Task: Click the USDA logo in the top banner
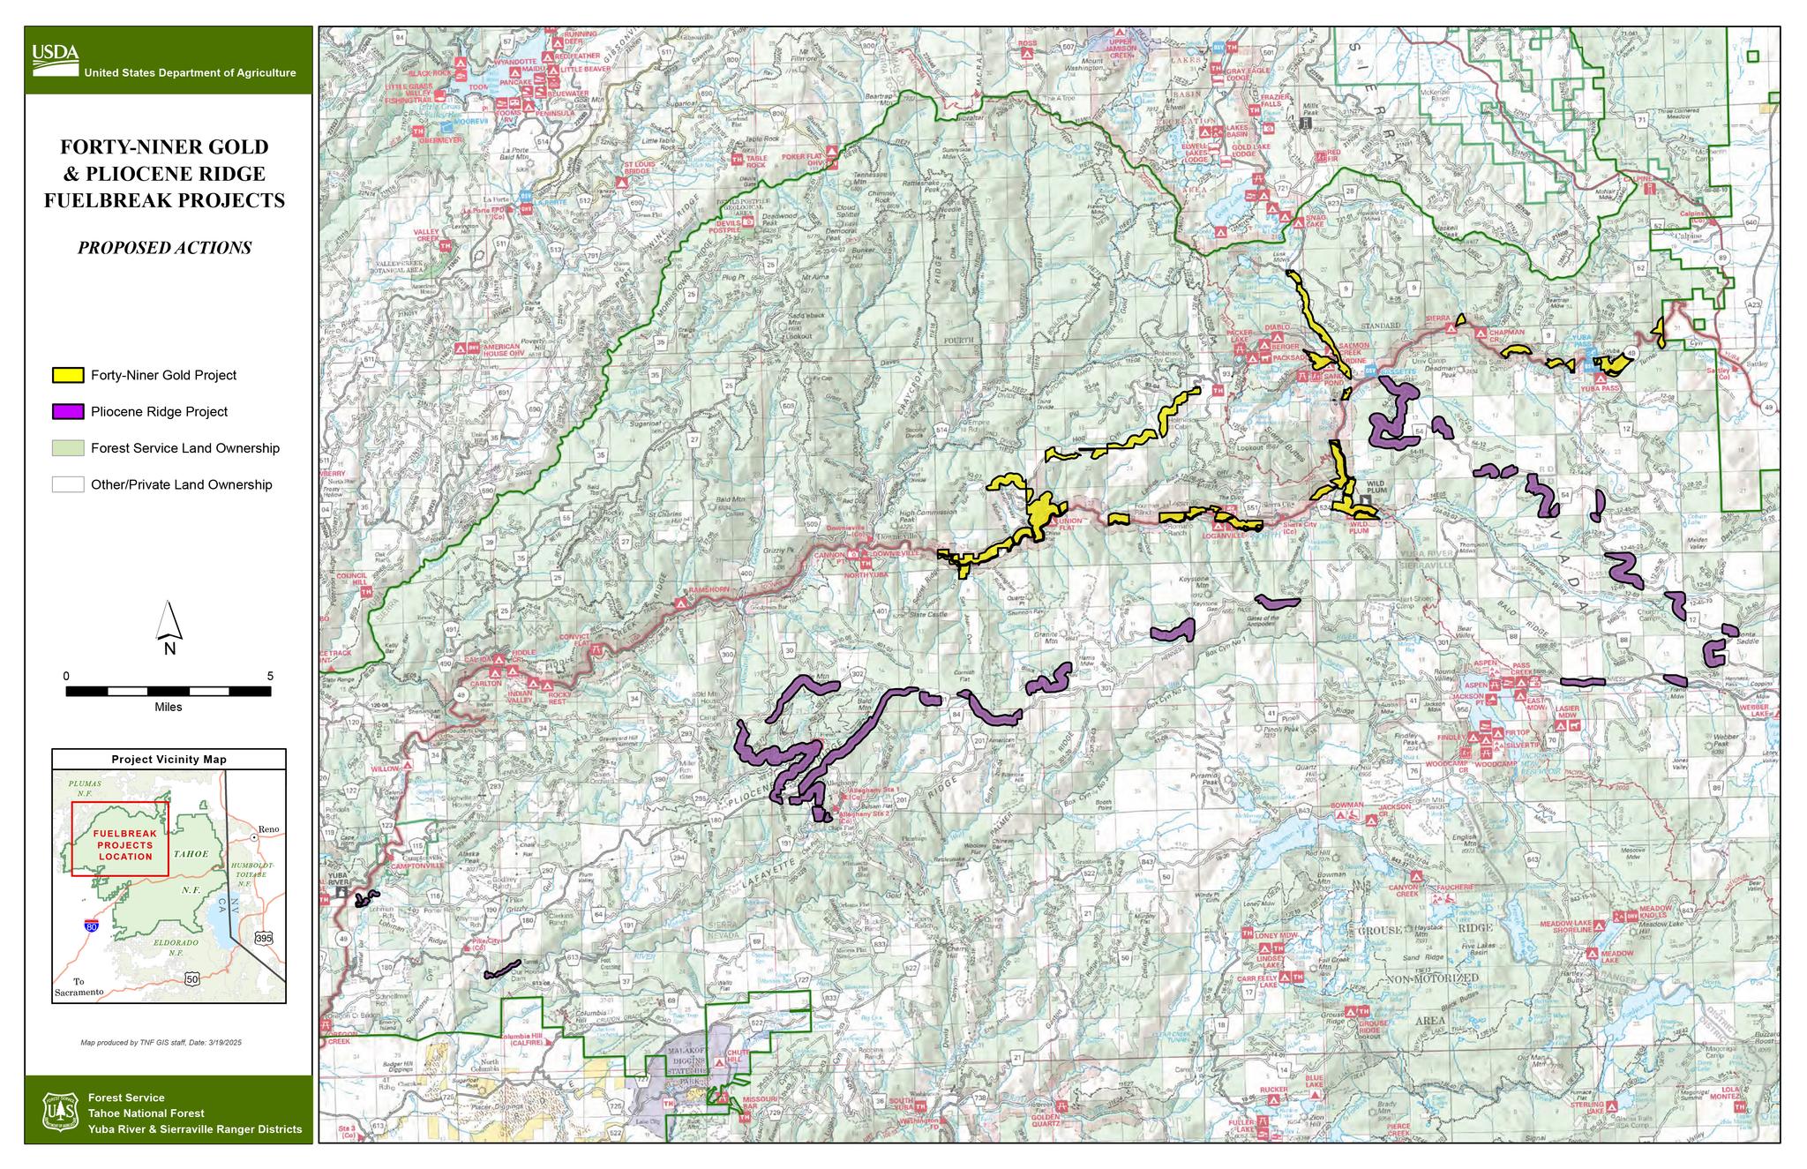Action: (x=55, y=56)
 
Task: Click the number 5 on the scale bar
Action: (x=270, y=677)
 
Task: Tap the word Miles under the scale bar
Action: (x=168, y=707)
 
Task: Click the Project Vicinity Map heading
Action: (x=169, y=759)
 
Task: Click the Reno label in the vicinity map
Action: (x=267, y=830)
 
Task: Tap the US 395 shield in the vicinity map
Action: (x=263, y=939)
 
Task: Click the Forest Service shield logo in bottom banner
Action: (x=57, y=1112)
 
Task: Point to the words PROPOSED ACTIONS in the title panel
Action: (x=165, y=248)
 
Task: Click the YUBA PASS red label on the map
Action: (x=1600, y=388)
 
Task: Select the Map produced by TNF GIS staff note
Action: (x=161, y=1043)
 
